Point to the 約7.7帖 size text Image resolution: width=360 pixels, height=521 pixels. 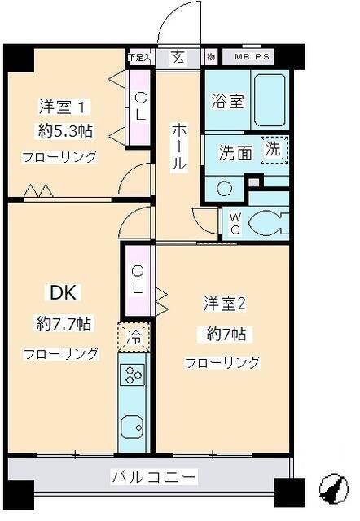(x=63, y=323)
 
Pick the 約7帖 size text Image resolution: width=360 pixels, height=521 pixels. (x=224, y=333)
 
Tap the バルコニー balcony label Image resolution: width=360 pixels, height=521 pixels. (x=153, y=477)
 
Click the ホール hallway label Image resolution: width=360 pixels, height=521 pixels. (x=178, y=147)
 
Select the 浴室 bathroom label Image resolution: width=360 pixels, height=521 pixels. (x=227, y=102)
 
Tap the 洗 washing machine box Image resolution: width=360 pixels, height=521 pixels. (x=274, y=149)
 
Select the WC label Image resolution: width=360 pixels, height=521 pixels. (x=233, y=222)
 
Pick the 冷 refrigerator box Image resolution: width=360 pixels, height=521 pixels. (x=133, y=336)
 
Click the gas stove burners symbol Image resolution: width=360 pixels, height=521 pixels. (x=133, y=374)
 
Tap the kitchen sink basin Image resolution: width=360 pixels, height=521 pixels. (x=132, y=427)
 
